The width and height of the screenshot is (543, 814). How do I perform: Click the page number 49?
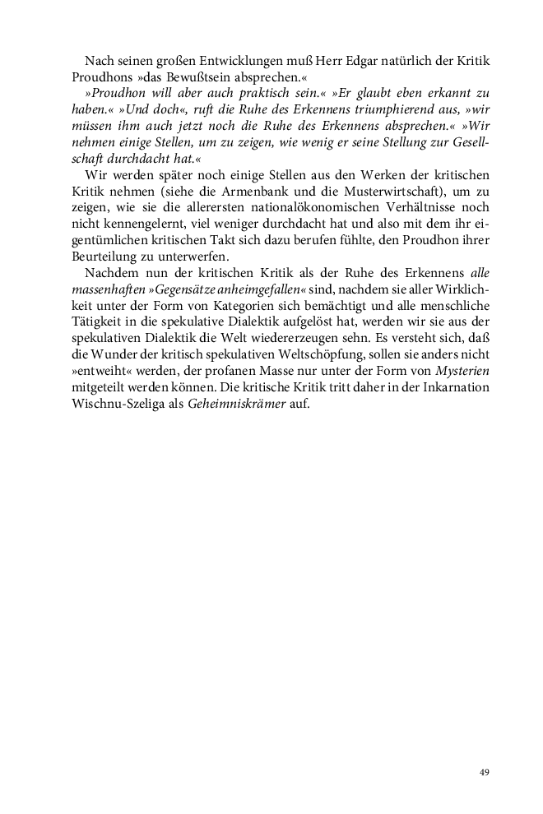point(484,772)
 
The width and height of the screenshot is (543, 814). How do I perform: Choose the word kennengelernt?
point(140,215)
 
